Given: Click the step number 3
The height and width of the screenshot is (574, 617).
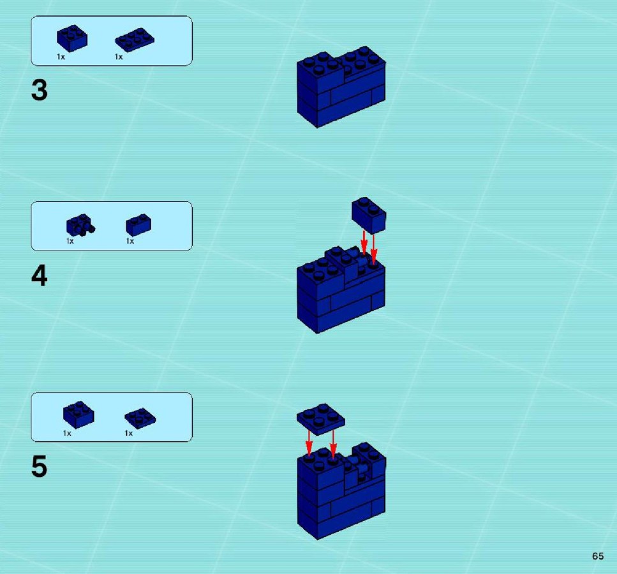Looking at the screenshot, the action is pyautogui.click(x=40, y=90).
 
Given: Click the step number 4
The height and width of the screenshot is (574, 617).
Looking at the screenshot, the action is pyautogui.click(x=40, y=276).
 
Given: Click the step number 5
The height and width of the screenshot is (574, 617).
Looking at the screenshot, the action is pyautogui.click(x=40, y=466).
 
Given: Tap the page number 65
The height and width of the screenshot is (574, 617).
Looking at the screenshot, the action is pyautogui.click(x=598, y=556).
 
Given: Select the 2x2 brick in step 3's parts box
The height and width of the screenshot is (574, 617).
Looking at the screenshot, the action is pyautogui.click(x=72, y=38).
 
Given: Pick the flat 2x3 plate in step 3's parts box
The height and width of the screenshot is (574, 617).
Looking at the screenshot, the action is pyautogui.click(x=135, y=40).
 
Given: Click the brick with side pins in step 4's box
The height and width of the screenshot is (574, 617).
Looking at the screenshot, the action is pyautogui.click(x=80, y=225).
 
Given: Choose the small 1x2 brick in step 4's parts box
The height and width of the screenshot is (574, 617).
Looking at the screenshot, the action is pyautogui.click(x=138, y=224).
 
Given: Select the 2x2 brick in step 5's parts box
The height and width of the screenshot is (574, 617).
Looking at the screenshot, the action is pyautogui.click(x=78, y=415).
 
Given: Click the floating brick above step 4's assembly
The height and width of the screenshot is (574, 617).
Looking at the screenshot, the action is pyautogui.click(x=369, y=215).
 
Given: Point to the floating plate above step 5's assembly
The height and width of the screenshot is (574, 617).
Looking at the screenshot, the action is pyautogui.click(x=321, y=419).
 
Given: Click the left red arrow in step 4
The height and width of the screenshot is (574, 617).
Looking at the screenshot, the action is pyautogui.click(x=364, y=243).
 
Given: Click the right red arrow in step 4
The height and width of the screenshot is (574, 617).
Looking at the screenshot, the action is pyautogui.click(x=373, y=248).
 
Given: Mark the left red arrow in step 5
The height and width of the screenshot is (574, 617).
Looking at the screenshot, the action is pyautogui.click(x=309, y=443).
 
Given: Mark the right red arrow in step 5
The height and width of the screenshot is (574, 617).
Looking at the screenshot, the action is pyautogui.click(x=333, y=444).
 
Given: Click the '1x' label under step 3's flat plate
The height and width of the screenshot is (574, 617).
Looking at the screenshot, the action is pyautogui.click(x=119, y=57).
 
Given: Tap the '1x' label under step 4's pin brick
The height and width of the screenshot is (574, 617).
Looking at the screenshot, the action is pyautogui.click(x=70, y=241).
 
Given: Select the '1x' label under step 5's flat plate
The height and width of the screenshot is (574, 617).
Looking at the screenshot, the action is pyautogui.click(x=129, y=434).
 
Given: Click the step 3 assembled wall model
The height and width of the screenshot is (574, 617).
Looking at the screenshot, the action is pyautogui.click(x=341, y=87).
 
